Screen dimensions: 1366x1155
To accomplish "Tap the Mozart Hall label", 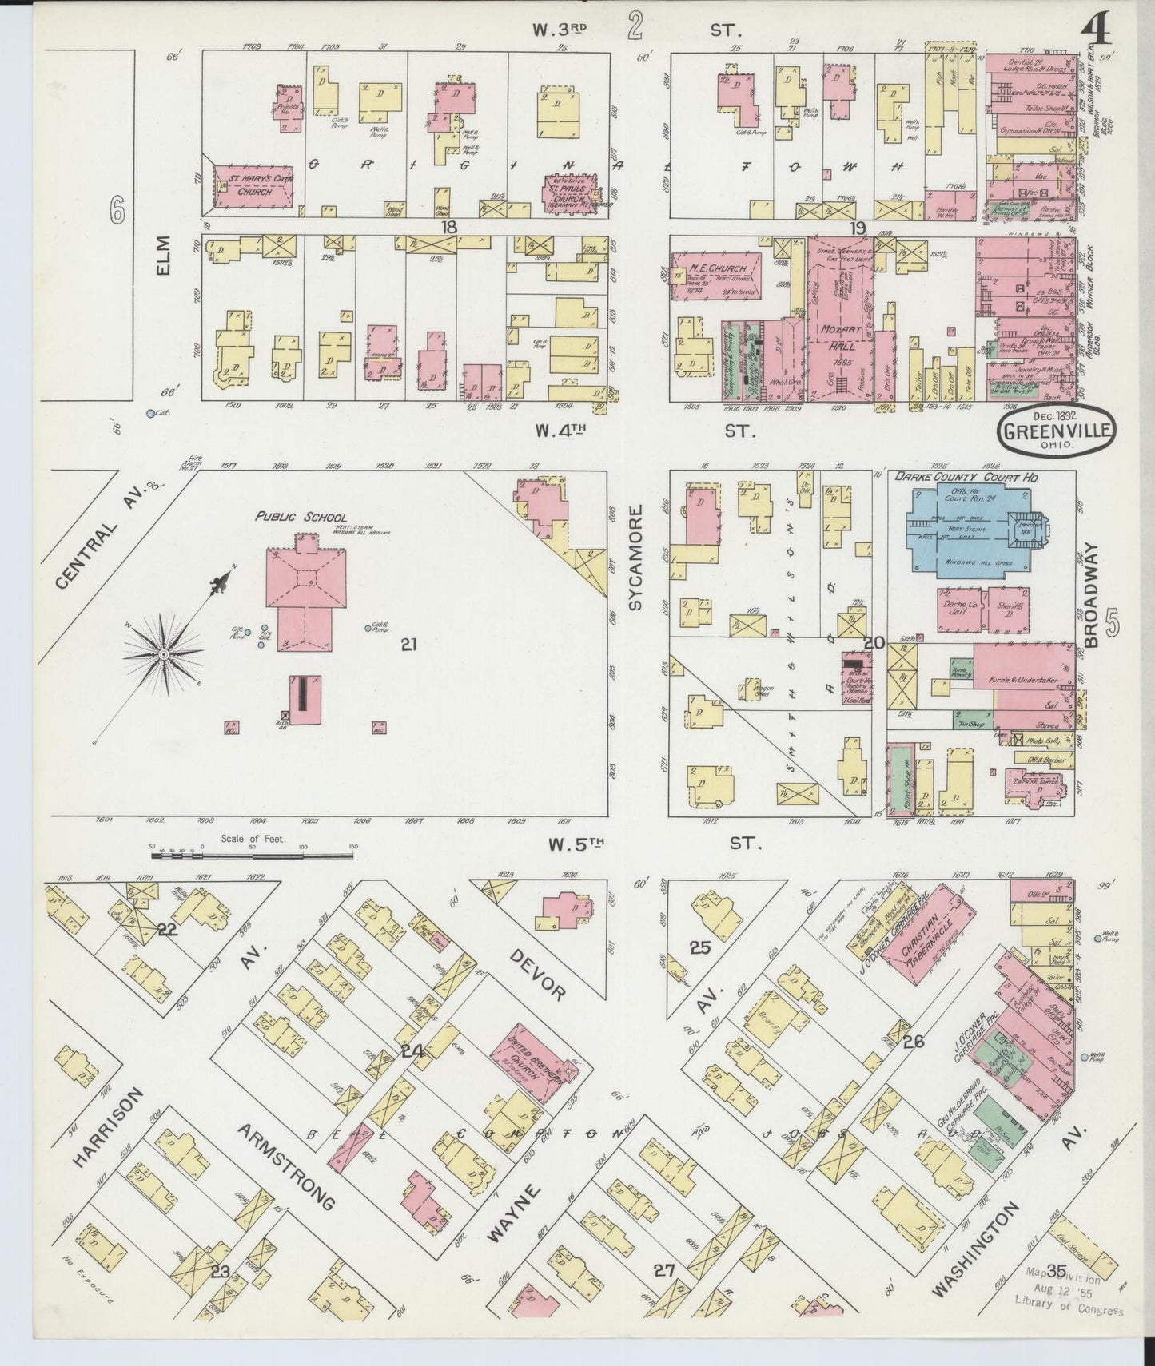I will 838,339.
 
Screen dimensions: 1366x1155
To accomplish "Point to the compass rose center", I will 163,654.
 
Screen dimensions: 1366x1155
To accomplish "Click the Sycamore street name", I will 635,557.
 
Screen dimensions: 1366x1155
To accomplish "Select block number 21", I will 408,643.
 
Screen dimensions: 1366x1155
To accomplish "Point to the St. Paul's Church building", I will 575,192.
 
